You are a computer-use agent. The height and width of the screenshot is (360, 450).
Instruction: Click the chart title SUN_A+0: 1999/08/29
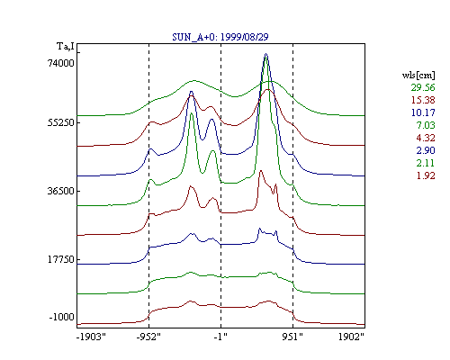[220, 37]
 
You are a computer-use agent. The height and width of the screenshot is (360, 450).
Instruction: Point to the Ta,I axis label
[66, 47]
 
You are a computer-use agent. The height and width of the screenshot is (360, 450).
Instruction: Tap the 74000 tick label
[61, 63]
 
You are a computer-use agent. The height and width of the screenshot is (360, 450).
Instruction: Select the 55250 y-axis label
[60, 122]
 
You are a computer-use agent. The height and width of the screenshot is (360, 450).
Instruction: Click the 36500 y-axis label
[60, 191]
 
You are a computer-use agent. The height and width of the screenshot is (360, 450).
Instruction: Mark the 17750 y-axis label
[60, 259]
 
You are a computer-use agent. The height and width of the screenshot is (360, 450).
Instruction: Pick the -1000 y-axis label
[61, 317]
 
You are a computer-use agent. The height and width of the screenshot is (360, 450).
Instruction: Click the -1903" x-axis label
[92, 337]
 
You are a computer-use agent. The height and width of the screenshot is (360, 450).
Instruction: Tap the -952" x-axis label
[148, 337]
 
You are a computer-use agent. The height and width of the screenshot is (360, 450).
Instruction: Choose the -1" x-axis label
[220, 337]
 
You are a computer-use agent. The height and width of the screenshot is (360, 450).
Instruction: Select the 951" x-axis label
[292, 337]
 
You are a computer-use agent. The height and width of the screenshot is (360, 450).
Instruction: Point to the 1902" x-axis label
[351, 337]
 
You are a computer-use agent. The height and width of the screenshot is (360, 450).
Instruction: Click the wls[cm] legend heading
[418, 75]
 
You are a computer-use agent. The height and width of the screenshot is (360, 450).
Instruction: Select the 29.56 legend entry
[423, 87]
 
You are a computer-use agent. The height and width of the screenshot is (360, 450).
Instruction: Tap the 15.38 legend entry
[423, 100]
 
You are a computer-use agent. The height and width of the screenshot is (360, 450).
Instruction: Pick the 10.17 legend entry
[423, 112]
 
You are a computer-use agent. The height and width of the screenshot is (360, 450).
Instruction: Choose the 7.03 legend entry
[426, 125]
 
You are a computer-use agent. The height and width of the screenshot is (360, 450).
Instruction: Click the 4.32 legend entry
[426, 138]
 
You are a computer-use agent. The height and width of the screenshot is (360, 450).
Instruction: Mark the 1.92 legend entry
[426, 175]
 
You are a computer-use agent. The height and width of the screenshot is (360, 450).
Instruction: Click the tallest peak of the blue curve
[265, 54]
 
